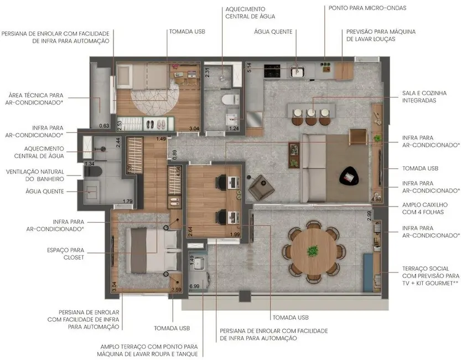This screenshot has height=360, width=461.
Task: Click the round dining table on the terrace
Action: (x=313, y=253)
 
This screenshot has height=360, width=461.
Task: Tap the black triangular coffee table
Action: (x=350, y=177)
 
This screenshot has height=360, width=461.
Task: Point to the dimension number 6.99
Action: (x=194, y=286)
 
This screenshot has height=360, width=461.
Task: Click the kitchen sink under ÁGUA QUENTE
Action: (x=297, y=71)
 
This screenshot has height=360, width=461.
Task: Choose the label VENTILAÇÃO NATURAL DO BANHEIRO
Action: (x=35, y=175)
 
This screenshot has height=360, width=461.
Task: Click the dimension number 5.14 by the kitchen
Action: (x=249, y=68)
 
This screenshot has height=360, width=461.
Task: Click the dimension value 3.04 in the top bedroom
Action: (x=194, y=129)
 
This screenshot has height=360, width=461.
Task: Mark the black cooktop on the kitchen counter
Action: (x=272, y=71)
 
